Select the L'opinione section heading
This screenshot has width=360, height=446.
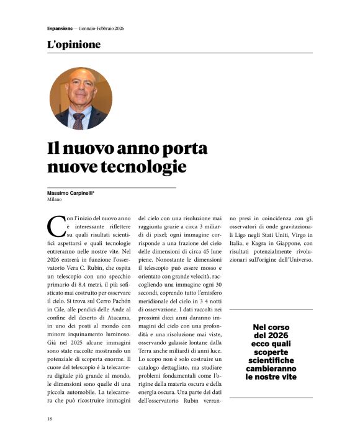(73, 45)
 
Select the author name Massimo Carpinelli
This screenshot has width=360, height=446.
(74, 194)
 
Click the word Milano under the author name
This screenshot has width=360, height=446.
(55, 200)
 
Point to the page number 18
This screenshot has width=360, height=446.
(50, 419)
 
